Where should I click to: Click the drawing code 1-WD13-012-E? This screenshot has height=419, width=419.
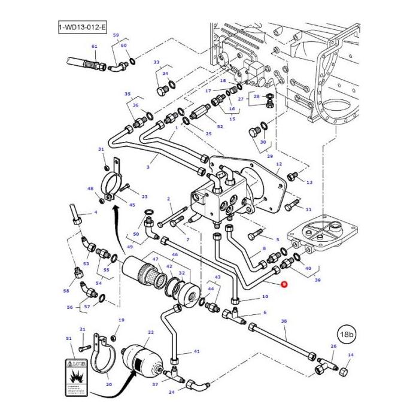[82, 28]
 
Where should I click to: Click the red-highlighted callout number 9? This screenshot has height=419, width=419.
[284, 285]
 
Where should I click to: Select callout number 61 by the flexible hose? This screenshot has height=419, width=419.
[94, 47]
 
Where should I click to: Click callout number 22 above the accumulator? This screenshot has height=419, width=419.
[151, 332]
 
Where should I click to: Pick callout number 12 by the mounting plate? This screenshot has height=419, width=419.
[278, 164]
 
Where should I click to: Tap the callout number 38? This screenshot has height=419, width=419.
[284, 321]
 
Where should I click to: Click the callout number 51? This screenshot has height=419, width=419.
[69, 339]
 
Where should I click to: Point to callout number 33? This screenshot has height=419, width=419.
[156, 63]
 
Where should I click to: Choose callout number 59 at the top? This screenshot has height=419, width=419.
[116, 35]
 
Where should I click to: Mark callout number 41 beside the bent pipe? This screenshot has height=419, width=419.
[196, 351]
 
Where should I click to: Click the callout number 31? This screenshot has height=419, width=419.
[101, 150]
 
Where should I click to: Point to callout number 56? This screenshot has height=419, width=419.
[70, 307]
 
